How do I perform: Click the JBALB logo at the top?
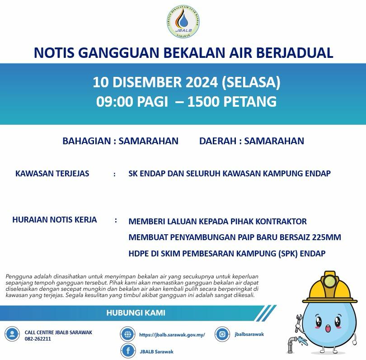(x=183, y=22)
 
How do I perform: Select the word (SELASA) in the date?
(x=251, y=83)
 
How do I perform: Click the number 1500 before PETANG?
(x=204, y=102)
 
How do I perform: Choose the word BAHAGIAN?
(x=87, y=141)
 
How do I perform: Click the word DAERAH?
(x=218, y=141)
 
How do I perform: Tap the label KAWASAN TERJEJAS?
(x=52, y=174)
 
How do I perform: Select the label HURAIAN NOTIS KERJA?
(x=55, y=220)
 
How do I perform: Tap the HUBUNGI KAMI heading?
(x=136, y=313)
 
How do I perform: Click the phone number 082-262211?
(x=38, y=339)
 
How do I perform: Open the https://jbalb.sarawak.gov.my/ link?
(x=172, y=335)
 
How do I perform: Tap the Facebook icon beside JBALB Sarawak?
(x=128, y=351)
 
